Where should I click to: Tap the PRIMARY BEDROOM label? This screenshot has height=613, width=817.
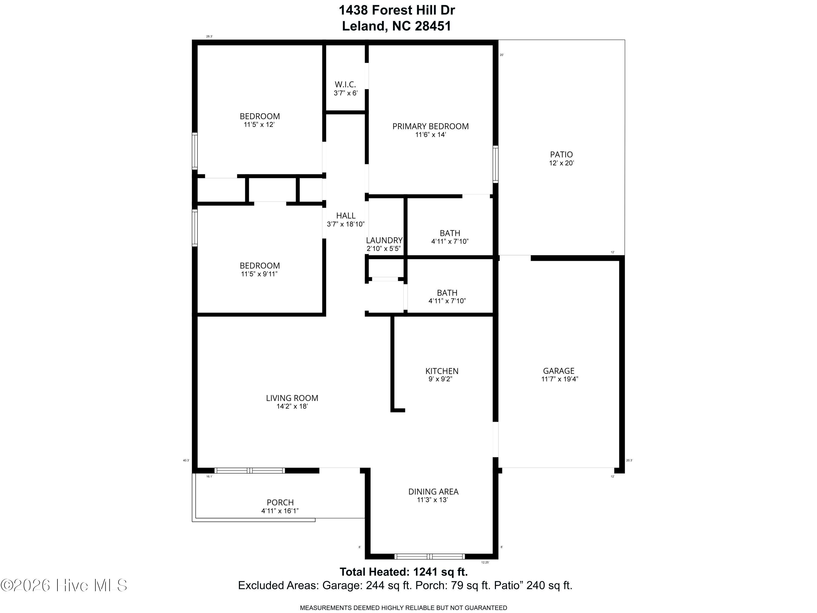[x=430, y=126]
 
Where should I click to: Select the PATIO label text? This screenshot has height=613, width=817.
[x=561, y=155]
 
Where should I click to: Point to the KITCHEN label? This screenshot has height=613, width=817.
[x=442, y=371]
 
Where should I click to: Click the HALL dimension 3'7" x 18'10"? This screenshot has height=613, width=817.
[x=346, y=224]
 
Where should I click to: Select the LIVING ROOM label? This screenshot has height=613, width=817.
[x=292, y=398]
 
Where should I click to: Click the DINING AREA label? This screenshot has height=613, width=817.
[x=433, y=492]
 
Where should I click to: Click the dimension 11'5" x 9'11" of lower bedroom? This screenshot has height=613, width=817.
[x=259, y=274]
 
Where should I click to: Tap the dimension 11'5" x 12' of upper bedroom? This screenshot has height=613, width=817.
[x=259, y=125]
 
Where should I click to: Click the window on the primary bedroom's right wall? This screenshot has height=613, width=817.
[x=496, y=164]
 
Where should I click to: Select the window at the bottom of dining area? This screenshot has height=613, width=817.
[x=429, y=556]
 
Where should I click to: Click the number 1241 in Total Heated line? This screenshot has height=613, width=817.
[x=425, y=572]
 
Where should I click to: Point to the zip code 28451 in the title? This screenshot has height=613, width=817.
[x=433, y=26]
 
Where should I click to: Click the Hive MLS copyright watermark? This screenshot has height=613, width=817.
[x=64, y=585]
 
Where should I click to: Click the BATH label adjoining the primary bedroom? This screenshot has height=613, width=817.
[x=450, y=233]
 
